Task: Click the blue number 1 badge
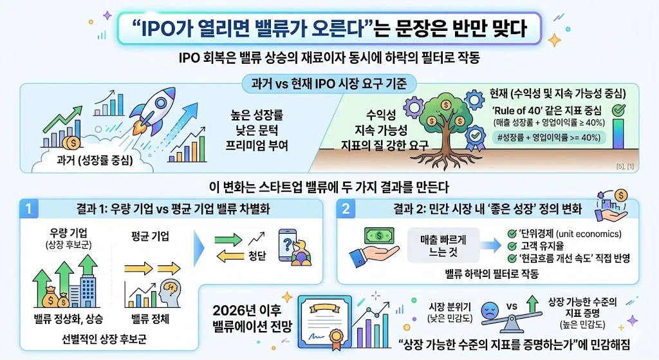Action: click(28, 209)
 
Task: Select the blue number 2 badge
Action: click(346, 209)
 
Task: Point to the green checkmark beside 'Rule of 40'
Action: click(618, 110)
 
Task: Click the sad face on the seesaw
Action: click(490, 310)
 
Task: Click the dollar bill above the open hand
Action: click(379, 236)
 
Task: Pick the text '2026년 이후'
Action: click(246, 310)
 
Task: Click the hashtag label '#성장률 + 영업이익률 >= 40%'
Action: click(549, 138)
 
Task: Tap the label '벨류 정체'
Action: click(150, 319)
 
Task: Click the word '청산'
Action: click(257, 255)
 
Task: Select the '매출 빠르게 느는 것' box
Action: click(443, 245)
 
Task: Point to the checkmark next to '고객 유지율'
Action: click(512, 246)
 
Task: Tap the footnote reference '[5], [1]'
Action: click(625, 167)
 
